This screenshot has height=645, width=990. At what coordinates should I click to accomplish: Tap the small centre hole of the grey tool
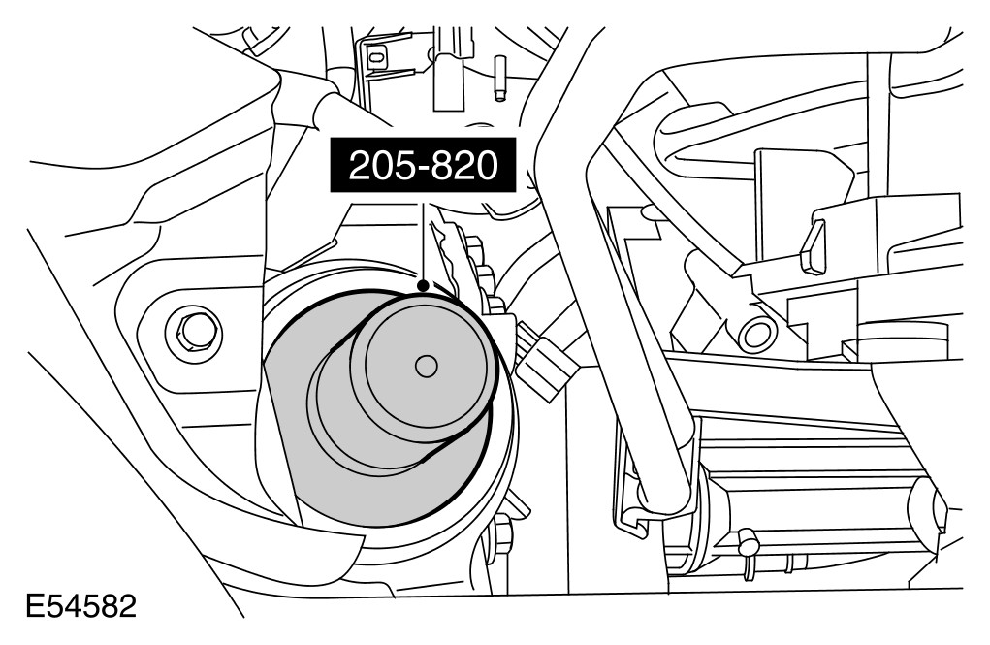(x=424, y=367)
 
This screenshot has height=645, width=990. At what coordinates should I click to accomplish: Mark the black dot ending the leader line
(x=423, y=284)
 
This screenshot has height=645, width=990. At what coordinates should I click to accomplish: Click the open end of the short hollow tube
(x=754, y=334)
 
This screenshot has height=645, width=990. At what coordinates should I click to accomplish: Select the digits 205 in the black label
(x=377, y=166)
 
